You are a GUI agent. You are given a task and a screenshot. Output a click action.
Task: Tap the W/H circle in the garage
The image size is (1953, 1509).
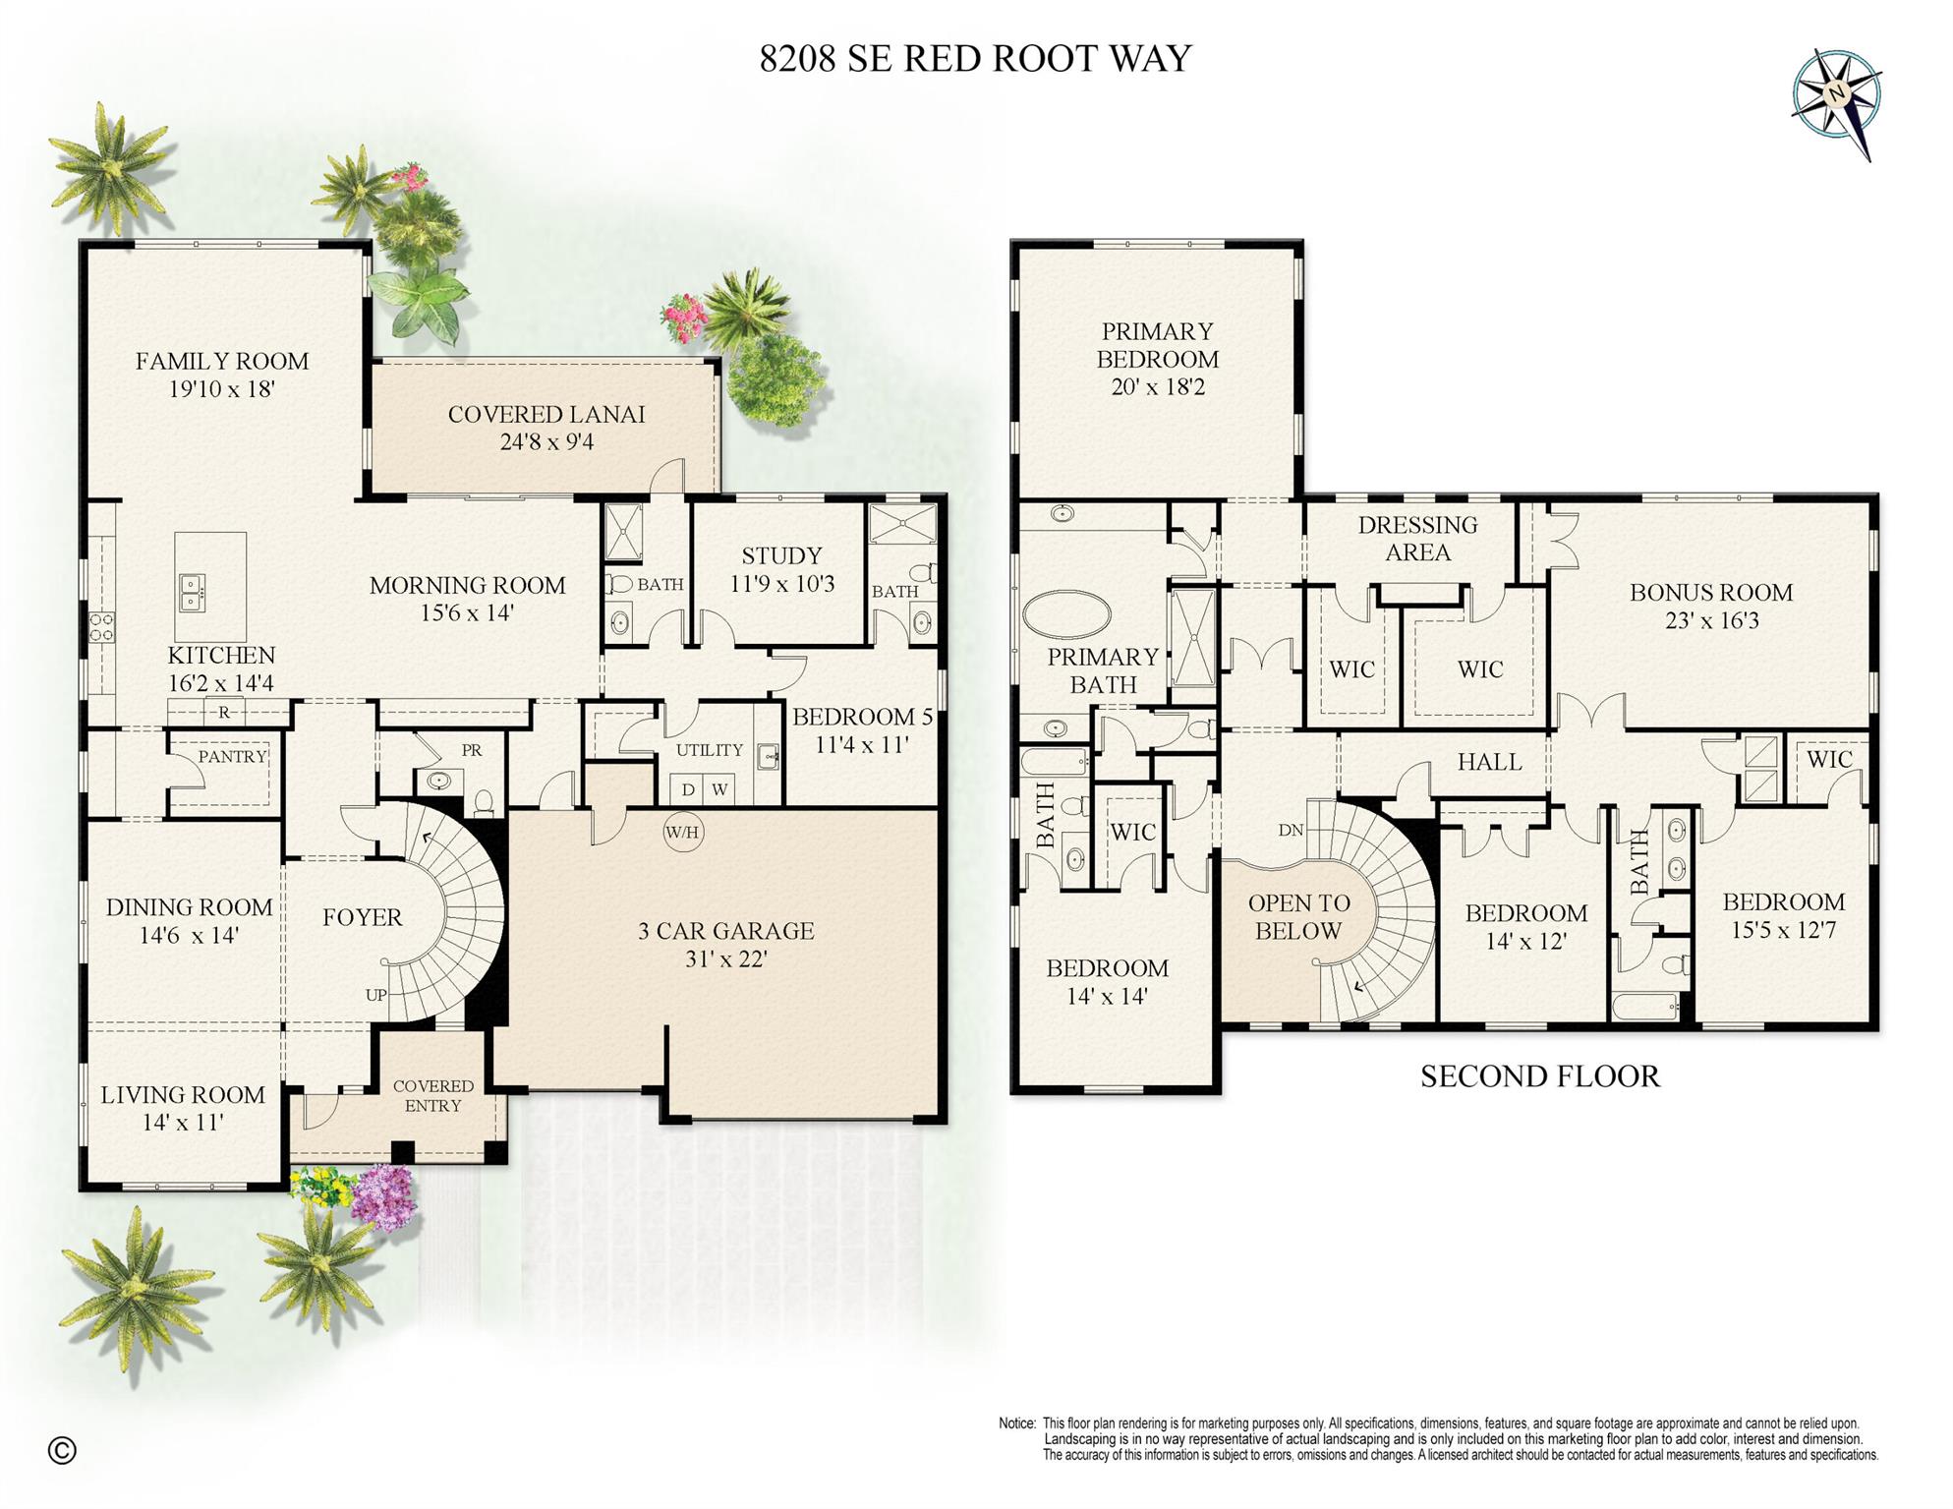coord(682,833)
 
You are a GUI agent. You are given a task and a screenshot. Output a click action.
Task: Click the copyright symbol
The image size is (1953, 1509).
coord(62,1450)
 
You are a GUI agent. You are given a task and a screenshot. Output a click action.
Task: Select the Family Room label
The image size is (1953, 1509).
coord(222,361)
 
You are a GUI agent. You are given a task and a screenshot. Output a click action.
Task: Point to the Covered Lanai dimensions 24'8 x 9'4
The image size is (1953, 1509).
coord(546,442)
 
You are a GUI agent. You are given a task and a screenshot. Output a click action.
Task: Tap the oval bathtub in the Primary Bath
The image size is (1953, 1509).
coord(1066,612)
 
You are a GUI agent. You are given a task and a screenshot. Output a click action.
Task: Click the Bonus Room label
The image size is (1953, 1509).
coord(1710,593)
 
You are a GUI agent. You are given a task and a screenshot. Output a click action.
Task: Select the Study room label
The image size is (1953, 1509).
coord(781,556)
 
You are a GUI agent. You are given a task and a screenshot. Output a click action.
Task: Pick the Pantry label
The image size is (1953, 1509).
coord(232,756)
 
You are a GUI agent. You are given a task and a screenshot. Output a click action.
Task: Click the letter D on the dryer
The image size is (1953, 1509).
coord(688,789)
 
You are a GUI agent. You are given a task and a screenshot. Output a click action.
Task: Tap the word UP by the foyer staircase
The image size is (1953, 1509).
coord(376,995)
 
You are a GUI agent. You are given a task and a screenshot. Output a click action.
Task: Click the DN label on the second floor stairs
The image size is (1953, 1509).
coord(1291,830)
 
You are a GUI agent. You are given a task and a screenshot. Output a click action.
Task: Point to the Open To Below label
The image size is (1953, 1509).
coord(1298,916)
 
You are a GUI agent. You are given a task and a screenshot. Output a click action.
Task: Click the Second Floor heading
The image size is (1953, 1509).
coord(1539,1076)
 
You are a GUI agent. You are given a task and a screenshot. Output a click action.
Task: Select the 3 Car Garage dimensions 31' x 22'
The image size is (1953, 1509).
coord(725,958)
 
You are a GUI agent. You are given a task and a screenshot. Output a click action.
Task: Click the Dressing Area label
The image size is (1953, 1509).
coord(1417,539)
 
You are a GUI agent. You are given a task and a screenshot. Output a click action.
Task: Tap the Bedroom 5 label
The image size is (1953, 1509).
coord(862,717)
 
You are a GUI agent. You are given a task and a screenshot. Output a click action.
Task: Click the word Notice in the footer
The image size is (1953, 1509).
coord(1016,1423)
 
